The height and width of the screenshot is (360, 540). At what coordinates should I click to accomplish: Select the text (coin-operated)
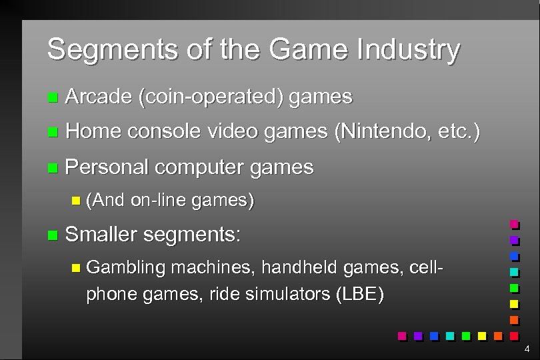[x=210, y=97]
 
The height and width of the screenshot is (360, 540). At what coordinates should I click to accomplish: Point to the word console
[x=164, y=132]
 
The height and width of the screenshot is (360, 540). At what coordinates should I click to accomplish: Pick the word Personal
[x=108, y=167]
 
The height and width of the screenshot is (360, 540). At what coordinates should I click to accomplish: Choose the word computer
[x=199, y=167]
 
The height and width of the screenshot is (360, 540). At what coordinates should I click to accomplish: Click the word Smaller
[x=101, y=234]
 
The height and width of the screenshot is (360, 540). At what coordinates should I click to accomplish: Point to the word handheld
[x=299, y=267]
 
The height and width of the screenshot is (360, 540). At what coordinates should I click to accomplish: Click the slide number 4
[x=527, y=349]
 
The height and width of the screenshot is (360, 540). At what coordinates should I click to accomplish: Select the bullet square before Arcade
[x=53, y=99]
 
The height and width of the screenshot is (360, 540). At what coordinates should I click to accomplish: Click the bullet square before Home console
[x=53, y=133]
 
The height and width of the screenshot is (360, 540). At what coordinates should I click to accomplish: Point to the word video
[x=233, y=132]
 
